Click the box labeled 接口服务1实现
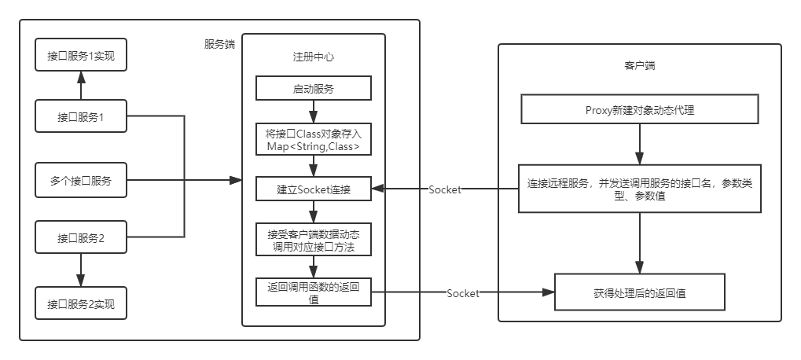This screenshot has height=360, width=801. (81, 56)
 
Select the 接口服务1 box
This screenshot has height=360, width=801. (81, 117)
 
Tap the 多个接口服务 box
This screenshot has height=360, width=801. (81, 181)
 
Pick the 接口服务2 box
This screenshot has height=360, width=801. (81, 238)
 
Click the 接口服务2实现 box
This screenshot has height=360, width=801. (81, 304)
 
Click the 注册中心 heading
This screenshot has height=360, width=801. (314, 57)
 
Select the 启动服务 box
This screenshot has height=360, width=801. (314, 89)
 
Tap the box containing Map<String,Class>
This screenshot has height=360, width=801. (314, 139)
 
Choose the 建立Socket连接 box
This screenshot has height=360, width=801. (314, 189)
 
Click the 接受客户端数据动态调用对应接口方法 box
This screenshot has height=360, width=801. (314, 241)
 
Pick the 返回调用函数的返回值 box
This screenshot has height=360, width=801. (314, 293)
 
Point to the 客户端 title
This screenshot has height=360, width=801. (639, 66)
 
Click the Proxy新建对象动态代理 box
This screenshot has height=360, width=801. (639, 110)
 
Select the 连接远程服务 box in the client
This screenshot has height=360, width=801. (639, 189)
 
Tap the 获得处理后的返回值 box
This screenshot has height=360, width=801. (639, 293)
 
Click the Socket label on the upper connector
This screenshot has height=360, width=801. (445, 189)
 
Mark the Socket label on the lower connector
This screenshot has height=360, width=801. (463, 293)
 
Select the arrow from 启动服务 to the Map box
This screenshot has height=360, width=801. (314, 112)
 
